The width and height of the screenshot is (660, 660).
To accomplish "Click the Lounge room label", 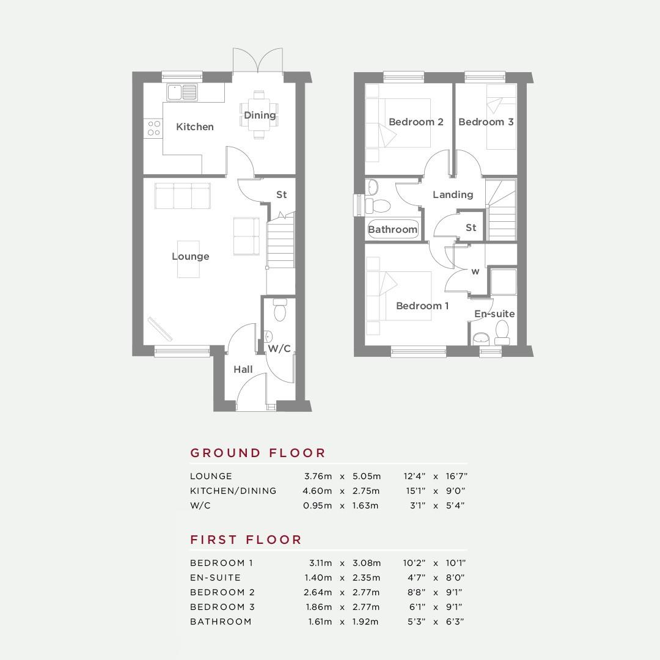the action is (190, 256).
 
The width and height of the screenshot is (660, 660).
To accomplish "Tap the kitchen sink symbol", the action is (182, 93).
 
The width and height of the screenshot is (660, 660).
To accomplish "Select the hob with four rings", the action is (153, 128).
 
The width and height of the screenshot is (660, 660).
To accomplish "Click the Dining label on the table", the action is (260, 115).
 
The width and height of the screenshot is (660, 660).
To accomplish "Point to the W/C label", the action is (279, 348).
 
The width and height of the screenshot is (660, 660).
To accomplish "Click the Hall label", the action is (243, 370).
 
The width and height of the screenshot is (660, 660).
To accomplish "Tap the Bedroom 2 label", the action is (416, 122).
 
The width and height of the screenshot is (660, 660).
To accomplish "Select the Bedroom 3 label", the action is (486, 122).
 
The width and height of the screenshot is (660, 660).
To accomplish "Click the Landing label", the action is (453, 194).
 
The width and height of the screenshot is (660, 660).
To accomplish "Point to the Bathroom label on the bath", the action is (393, 229).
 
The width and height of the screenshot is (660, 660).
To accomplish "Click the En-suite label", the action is (494, 313).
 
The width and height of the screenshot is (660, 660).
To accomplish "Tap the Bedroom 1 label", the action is (422, 306).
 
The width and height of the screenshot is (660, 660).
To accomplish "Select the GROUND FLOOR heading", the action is (258, 453).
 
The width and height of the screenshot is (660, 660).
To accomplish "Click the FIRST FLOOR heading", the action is (246, 540).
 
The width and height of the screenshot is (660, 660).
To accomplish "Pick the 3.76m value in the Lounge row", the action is (318, 476).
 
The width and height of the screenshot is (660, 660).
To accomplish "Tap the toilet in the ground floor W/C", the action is (280, 310).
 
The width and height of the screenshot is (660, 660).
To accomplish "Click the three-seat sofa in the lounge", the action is (183, 196).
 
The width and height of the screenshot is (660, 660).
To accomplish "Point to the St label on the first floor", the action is (471, 228).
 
